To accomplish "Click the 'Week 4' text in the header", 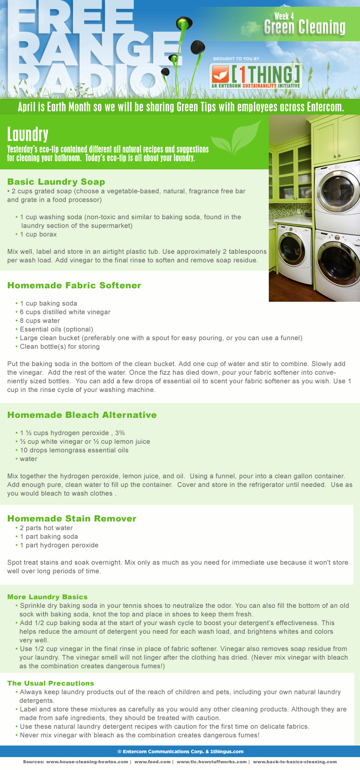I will [284, 17].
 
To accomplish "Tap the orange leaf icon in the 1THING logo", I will [221, 75].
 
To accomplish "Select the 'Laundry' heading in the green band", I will [28, 135].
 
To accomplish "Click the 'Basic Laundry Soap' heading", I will [56, 182].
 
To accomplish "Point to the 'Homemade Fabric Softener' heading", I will [74, 285].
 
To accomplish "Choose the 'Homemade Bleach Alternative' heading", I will [82, 415].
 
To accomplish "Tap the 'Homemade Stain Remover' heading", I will [72, 519].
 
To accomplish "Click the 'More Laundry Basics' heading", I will [48, 597].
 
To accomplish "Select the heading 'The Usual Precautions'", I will [50, 683].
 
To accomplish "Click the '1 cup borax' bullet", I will [38, 235].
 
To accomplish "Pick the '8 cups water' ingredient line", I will [40, 321].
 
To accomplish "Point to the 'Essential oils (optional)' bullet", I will [56, 330].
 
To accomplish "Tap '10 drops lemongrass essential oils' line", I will [74, 450].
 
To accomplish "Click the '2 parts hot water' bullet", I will [46, 528].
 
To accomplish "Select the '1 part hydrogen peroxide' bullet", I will [59, 545].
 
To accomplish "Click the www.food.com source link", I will [153, 761].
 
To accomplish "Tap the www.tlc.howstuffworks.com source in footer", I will [212, 761].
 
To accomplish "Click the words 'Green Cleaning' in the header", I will [305, 28].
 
